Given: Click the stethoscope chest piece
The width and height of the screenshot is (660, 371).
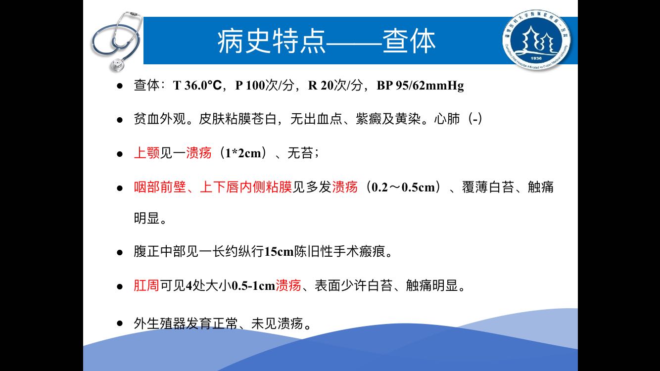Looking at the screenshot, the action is coord(117,64).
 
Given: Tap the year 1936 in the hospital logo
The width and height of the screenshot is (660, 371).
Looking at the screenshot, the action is coord(536,58).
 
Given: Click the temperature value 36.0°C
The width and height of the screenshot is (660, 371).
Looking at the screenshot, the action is coord(203,86).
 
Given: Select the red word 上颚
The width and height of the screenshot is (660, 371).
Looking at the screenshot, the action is coord(147,153).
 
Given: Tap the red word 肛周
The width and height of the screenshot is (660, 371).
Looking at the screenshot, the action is coord(146,285).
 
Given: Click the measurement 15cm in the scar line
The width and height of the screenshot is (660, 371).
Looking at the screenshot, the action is coord(279,252).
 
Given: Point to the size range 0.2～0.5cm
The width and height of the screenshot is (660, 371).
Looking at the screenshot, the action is coord(403,187).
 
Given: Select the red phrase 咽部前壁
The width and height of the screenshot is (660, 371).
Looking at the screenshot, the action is coord(160,187).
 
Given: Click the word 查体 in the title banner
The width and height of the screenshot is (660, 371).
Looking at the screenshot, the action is coord(409,41).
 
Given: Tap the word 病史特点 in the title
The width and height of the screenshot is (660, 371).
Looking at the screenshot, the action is coord(271,41).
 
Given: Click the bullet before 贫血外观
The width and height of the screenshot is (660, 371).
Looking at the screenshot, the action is coord(120,120).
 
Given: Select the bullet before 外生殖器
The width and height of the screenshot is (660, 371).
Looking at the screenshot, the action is coord(120,323).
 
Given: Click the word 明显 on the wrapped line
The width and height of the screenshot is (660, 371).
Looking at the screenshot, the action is coord(147,218).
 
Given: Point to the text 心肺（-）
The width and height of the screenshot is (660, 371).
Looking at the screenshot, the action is coord(459,119).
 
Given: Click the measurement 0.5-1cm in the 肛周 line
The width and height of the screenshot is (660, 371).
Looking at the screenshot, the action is coord(253,286).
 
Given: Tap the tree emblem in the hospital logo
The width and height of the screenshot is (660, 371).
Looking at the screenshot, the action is coord(536,40).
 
